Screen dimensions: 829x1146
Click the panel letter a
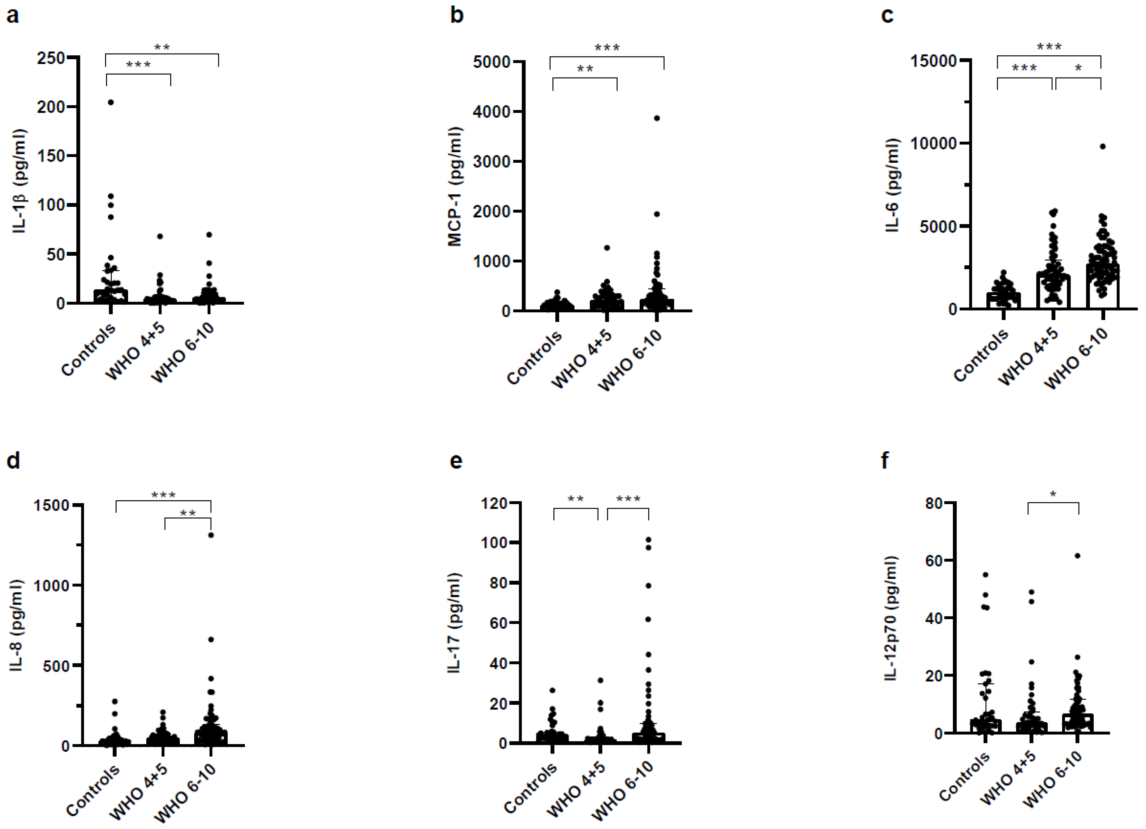[13, 16]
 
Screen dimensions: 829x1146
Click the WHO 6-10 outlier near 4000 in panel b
[657, 118]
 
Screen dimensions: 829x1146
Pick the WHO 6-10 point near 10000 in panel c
[1103, 147]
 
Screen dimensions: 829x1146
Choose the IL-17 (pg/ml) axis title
[455, 623]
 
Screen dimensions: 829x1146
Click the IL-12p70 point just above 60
[1077, 556]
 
